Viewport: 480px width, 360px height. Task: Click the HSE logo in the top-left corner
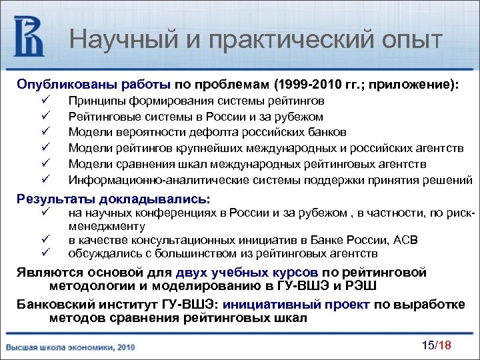click(29, 37)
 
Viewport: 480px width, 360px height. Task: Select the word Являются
click(46, 272)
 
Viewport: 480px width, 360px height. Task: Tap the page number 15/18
click(437, 344)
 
